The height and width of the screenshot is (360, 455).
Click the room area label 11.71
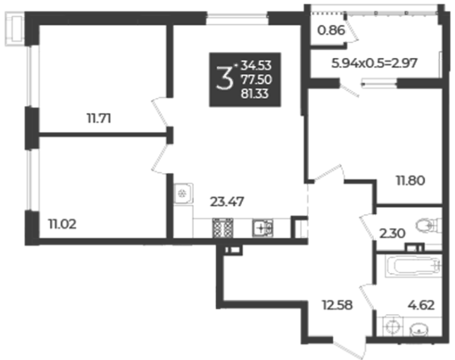point(99,119)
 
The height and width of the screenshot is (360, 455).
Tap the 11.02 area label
point(62,224)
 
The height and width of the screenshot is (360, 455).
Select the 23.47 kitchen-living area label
point(227,201)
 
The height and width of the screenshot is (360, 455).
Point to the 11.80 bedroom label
point(411,181)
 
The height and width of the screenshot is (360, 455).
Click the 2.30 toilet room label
point(392,234)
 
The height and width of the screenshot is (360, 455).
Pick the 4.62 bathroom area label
point(421,305)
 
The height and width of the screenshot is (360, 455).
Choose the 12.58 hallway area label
point(337,305)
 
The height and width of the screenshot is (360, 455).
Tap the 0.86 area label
point(331,30)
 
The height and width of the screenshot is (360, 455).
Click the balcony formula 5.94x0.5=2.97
point(375,63)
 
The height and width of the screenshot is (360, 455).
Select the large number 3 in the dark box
point(224,78)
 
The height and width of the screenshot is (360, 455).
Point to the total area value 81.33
point(255,94)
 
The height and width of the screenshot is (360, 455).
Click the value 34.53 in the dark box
point(256,66)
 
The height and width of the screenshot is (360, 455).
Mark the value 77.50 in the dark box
point(256,80)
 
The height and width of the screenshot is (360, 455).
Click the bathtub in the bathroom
point(413,265)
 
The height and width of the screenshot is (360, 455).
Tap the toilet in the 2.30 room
point(428,226)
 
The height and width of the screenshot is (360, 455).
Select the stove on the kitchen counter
point(223,228)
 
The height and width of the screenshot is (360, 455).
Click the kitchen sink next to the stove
point(262,228)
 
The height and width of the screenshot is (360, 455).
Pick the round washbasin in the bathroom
point(419,330)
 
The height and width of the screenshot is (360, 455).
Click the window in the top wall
point(237,19)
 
